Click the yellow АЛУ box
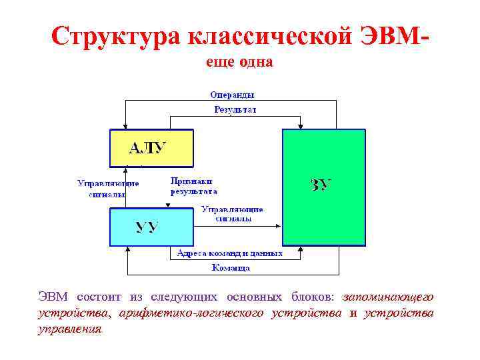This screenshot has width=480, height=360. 151,147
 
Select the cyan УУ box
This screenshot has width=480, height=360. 151,227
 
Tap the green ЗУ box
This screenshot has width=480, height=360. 324,187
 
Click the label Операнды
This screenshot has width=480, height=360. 232,95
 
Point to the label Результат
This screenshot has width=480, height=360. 235,109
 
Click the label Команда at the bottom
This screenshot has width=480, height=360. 231,268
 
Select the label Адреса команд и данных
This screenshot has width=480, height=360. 229,253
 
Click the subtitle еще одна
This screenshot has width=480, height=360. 238,62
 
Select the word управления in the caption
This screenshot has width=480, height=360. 69,329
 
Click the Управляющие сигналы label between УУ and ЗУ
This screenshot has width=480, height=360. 232,213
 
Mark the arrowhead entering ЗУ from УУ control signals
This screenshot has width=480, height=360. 278,227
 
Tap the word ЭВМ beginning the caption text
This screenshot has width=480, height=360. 53,297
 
